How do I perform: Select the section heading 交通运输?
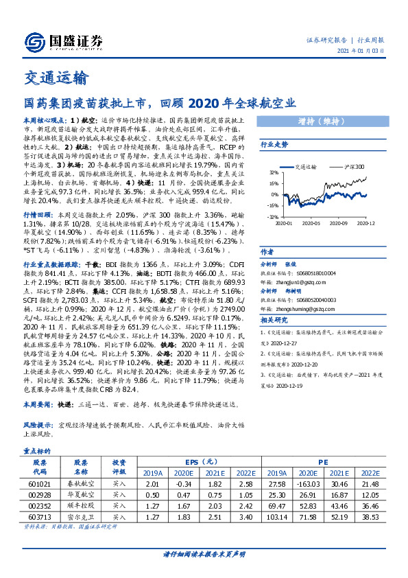click(56, 78)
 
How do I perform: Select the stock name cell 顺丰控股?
click(81, 506)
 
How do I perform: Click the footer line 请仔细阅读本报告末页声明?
click(204, 554)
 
